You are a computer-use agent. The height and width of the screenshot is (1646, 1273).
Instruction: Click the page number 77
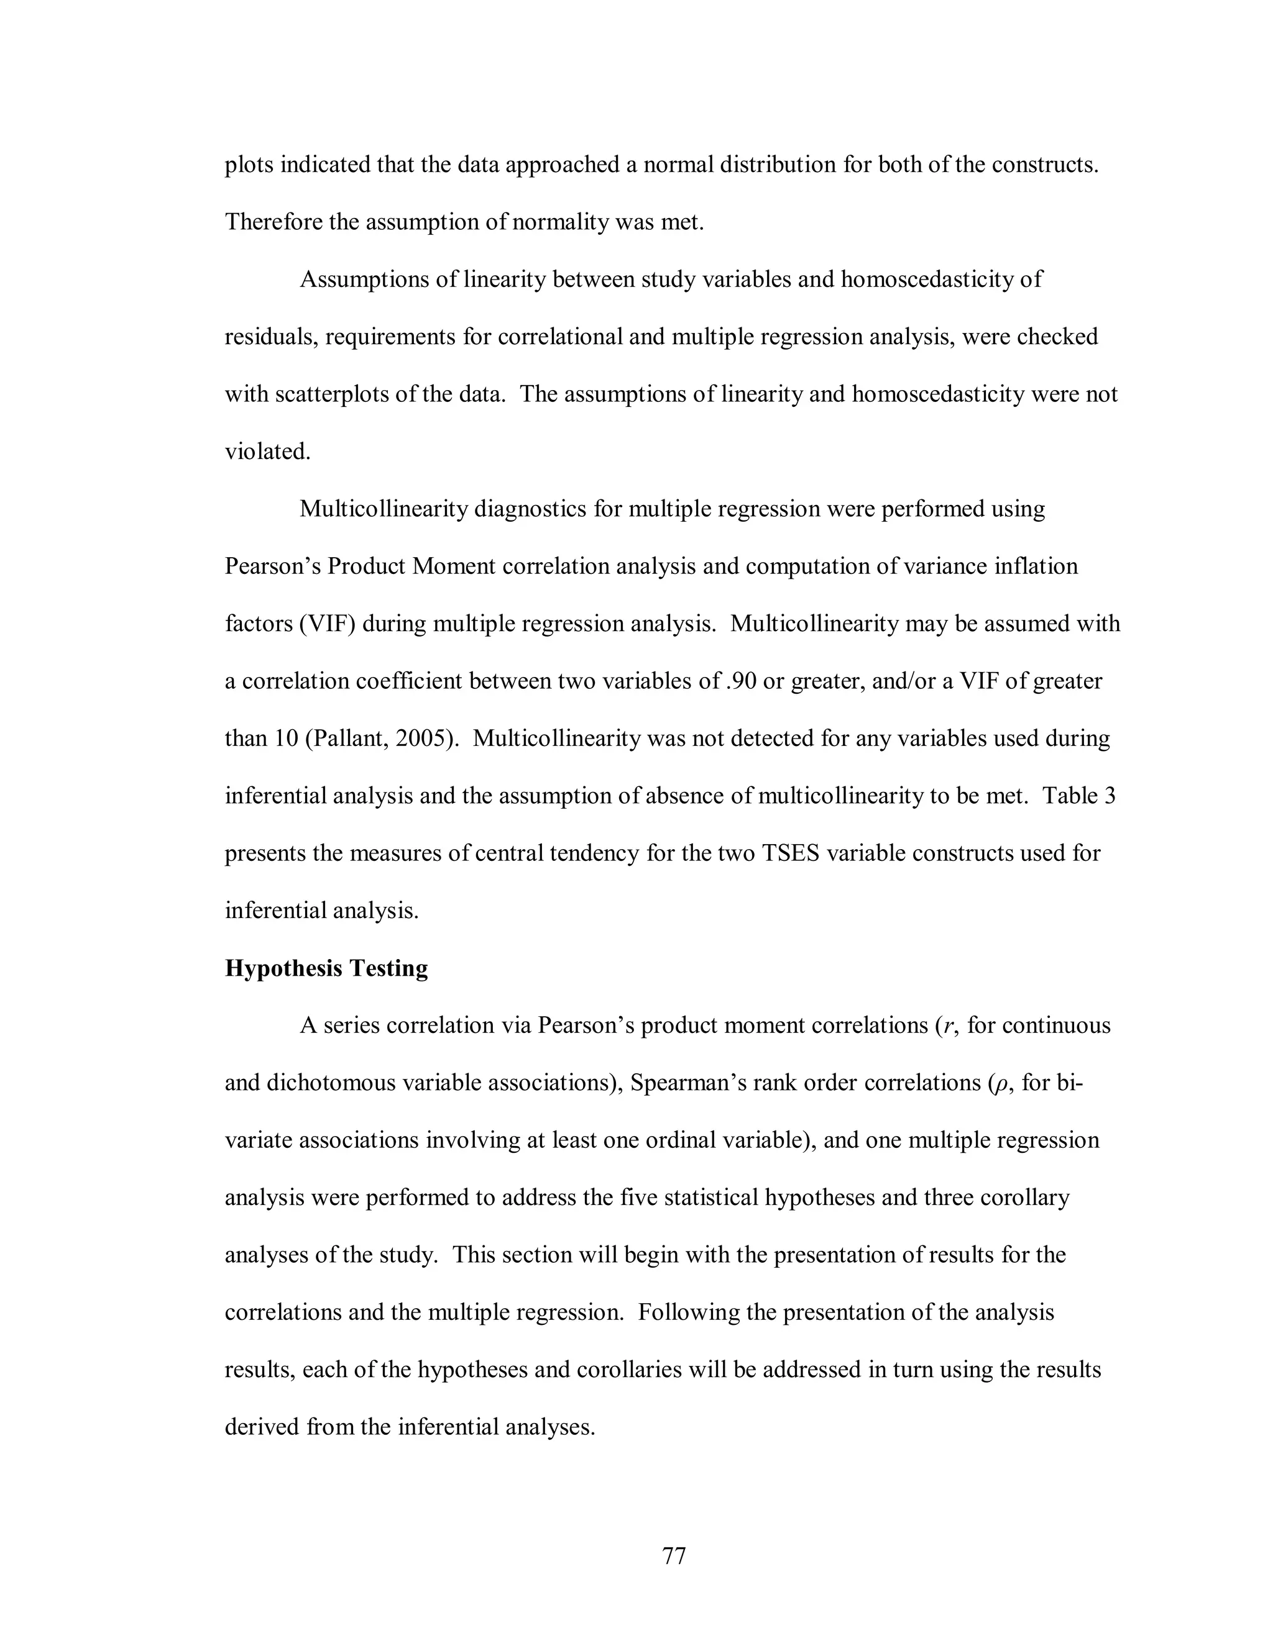(x=673, y=1555)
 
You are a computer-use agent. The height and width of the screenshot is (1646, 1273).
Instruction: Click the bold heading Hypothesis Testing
(x=326, y=968)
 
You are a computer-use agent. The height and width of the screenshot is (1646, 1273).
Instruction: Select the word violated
(x=267, y=452)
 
